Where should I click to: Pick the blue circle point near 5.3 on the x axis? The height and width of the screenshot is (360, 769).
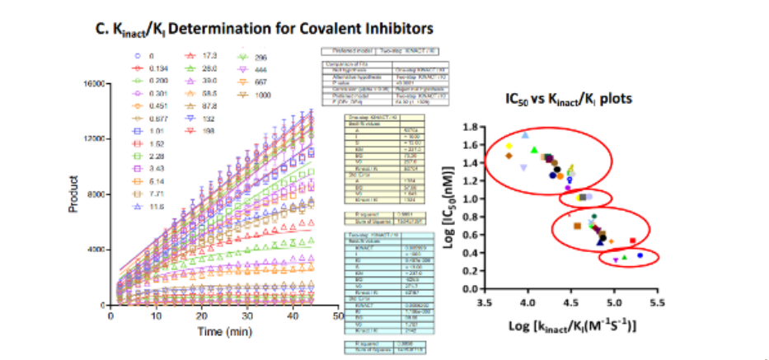click(x=640, y=256)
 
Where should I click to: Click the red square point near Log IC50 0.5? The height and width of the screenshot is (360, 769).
click(x=632, y=241)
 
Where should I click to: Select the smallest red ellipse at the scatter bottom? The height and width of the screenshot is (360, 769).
click(x=631, y=258)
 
